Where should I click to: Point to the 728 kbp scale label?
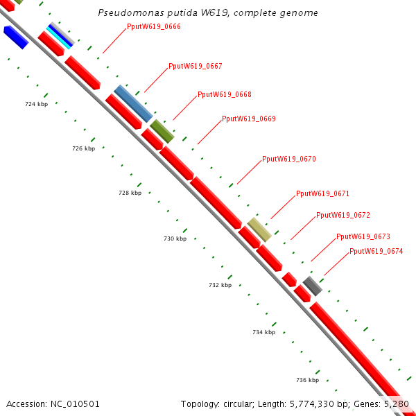(130, 193)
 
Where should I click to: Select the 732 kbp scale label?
(220, 285)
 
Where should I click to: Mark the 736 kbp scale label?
(307, 380)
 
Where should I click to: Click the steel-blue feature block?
(133, 103)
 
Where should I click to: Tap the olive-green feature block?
(162, 131)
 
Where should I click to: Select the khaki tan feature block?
(259, 229)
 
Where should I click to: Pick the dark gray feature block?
(313, 285)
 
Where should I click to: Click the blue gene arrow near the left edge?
(15, 37)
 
